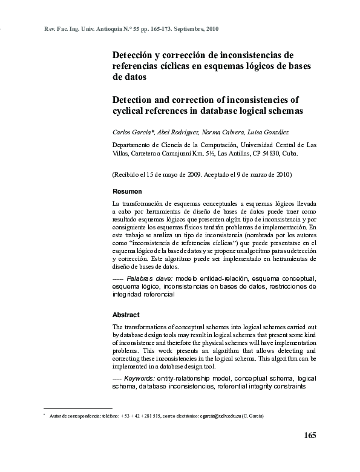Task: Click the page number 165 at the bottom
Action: tap(309, 436)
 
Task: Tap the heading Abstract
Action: tap(126, 315)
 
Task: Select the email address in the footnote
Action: tap(223, 416)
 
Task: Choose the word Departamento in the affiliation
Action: tap(134, 145)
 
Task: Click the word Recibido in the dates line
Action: tap(129, 175)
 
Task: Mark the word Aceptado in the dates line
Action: tap(223, 175)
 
